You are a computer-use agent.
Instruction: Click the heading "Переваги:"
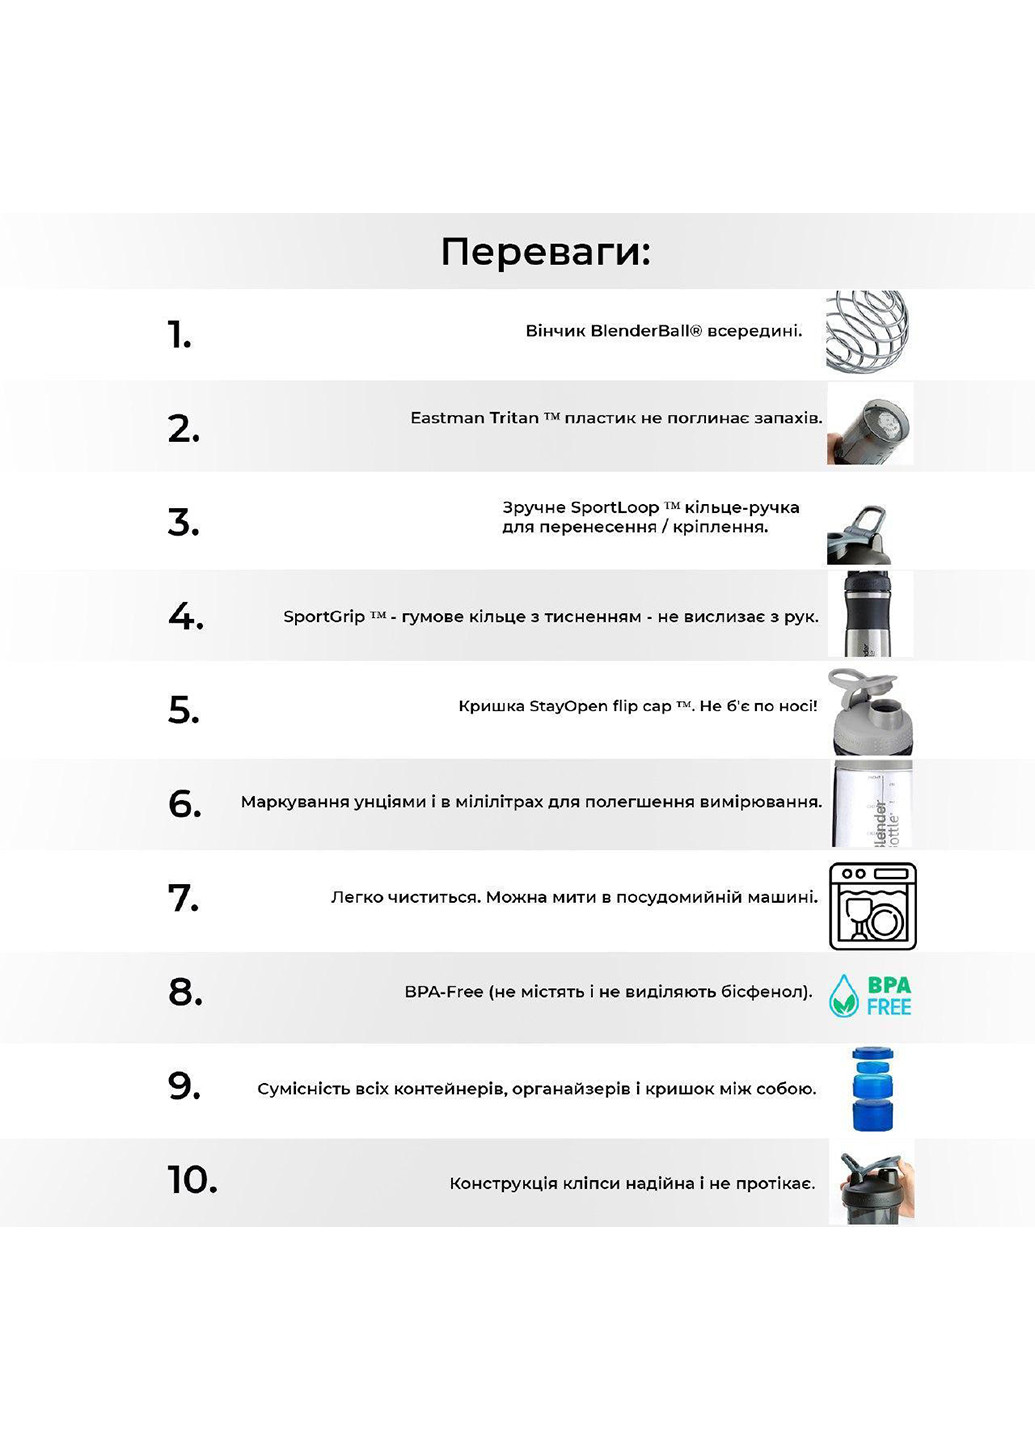click(545, 252)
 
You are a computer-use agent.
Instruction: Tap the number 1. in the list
click(179, 335)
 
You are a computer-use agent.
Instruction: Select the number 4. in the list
click(185, 616)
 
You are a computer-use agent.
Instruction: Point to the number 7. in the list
click(183, 897)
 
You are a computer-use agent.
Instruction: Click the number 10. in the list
click(192, 1180)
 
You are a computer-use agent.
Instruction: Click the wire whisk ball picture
click(868, 331)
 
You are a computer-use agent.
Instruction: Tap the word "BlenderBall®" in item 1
click(646, 331)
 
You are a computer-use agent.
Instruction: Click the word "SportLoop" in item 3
click(614, 508)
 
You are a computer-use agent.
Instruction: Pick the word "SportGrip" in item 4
click(324, 617)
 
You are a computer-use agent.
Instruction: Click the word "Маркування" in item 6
click(289, 802)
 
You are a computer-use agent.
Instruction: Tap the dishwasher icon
click(872, 906)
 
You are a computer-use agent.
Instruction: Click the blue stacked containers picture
click(870, 1089)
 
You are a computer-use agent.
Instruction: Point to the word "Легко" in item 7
click(355, 897)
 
